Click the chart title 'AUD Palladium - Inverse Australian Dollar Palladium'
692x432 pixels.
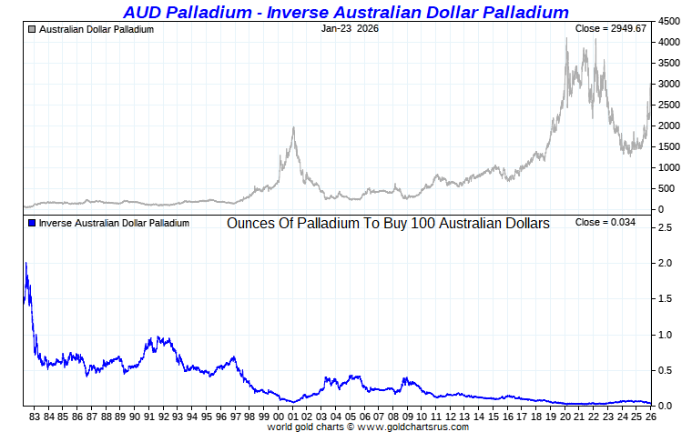coord(345,12)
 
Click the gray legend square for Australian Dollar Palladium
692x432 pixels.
coord(33,29)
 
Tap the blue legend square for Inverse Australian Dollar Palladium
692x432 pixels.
coord(33,223)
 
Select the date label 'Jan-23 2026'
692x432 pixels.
coord(351,29)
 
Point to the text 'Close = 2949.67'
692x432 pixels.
coord(610,29)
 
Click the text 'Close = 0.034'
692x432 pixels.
coord(611,223)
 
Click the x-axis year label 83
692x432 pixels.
coord(35,417)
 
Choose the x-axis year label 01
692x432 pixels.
coord(293,417)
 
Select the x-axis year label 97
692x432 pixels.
coord(236,417)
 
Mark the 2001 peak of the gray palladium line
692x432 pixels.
coord(293,127)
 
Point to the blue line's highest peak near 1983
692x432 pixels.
coord(25,263)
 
